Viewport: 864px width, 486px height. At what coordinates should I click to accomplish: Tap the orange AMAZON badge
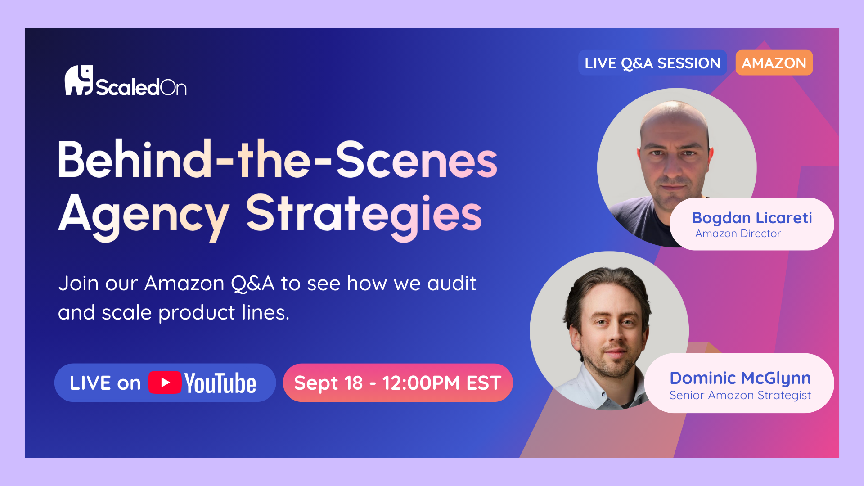coord(774,63)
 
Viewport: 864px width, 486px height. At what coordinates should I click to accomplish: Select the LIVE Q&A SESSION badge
coord(652,63)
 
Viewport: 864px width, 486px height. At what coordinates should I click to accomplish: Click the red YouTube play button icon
coord(165,382)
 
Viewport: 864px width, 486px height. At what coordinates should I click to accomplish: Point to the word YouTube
coord(220,383)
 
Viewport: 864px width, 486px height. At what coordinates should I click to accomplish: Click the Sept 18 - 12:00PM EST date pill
coord(398,382)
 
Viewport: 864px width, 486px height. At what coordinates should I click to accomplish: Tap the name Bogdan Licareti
coord(752,218)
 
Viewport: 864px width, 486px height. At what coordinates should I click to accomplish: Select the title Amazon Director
coord(738,234)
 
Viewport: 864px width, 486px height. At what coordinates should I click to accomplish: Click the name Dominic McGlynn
coord(740,378)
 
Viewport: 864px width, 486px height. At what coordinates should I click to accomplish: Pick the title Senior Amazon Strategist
coord(740,395)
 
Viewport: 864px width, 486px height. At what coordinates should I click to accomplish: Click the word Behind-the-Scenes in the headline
coord(278,159)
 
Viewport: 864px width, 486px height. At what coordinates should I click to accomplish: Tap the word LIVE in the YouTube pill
coord(90,383)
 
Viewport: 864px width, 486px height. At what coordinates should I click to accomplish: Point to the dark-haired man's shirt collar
coord(594,382)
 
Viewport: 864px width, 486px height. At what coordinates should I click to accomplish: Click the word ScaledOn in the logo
coord(141,87)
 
